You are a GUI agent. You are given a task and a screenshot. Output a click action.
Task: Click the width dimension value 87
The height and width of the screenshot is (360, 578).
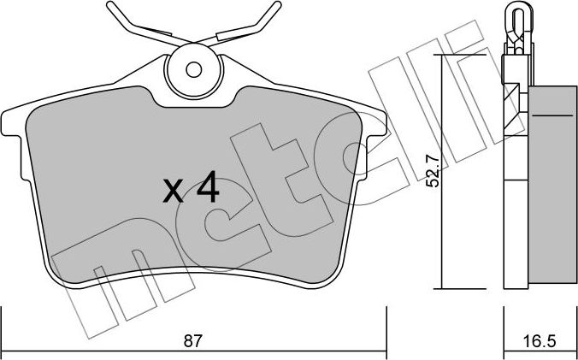tap(194, 340)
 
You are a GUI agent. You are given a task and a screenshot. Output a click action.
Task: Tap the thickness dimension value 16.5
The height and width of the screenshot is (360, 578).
tap(539, 340)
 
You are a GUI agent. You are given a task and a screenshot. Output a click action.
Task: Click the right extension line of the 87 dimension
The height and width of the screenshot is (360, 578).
tap(383, 329)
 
